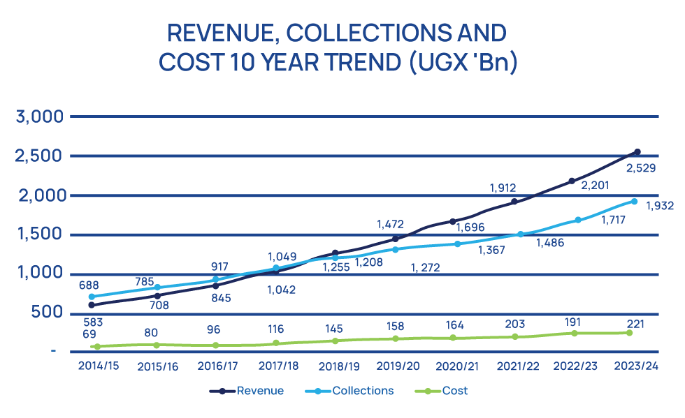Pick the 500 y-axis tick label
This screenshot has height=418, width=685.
tap(47, 313)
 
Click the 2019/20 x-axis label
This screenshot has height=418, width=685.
tap(398, 365)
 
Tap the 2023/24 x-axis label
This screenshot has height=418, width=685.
tap(636, 365)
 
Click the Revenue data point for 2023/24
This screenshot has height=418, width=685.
tap(637, 151)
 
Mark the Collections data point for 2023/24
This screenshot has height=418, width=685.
tap(634, 202)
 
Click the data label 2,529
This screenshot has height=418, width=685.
tap(640, 168)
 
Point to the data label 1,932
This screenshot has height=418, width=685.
tap(659, 207)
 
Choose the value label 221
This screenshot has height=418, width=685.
tap(635, 324)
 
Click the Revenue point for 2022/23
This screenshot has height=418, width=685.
tap(572, 181)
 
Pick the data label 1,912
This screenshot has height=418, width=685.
tap(502, 188)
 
